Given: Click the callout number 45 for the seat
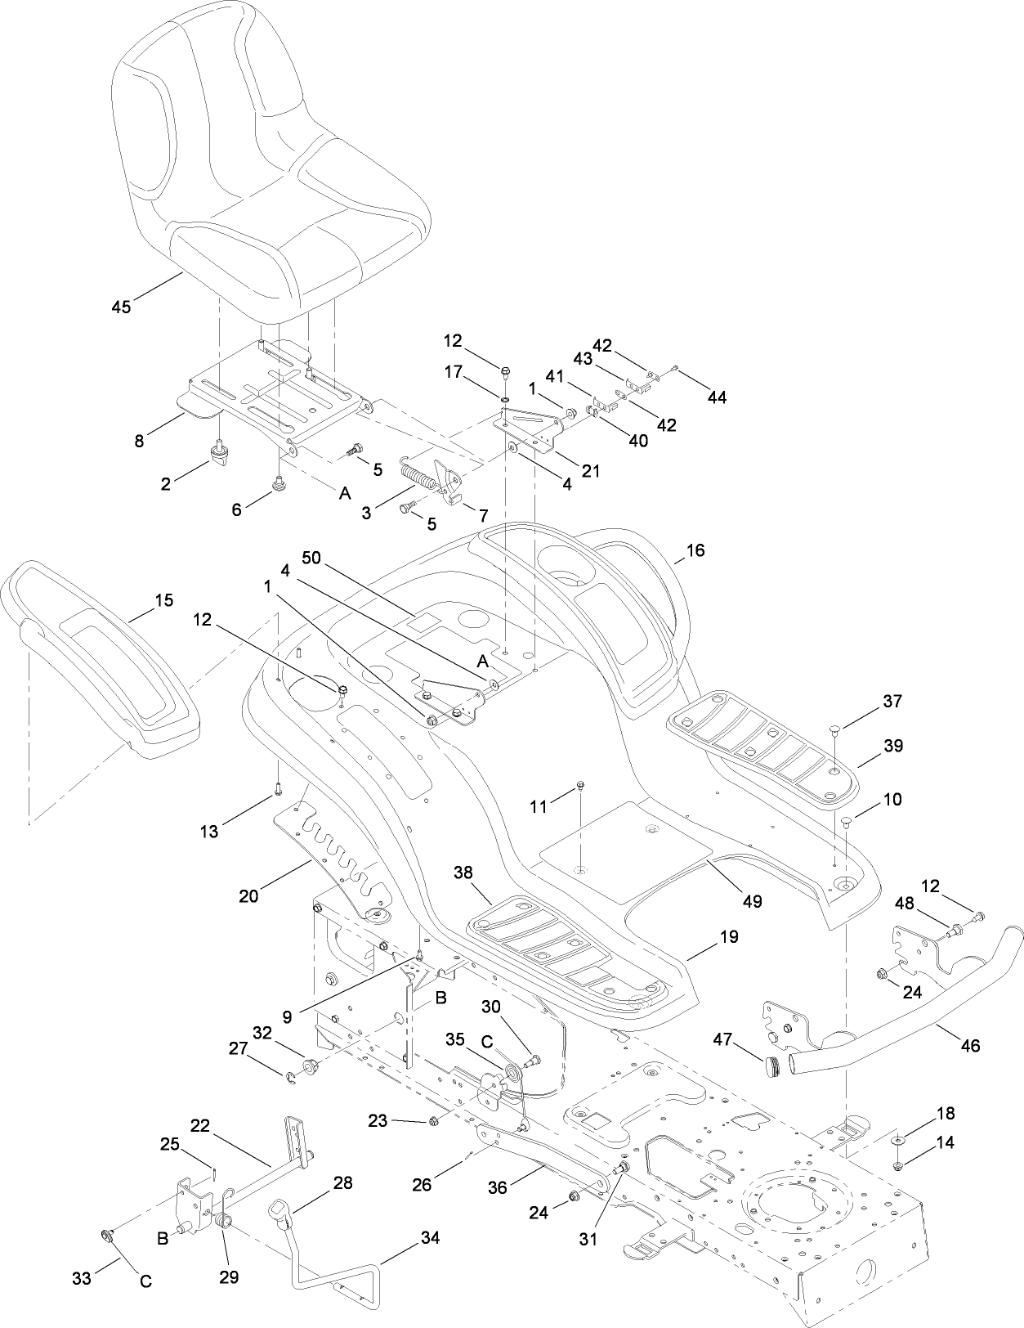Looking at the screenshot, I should click(x=121, y=307).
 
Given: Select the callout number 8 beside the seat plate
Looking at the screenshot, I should click(x=140, y=441).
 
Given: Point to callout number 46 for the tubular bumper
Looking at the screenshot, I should click(x=970, y=1045).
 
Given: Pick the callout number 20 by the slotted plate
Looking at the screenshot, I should click(x=248, y=895).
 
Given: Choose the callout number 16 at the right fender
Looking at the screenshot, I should click(x=695, y=550).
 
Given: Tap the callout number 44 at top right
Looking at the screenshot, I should click(x=717, y=397).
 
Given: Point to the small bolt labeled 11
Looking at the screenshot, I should click(x=579, y=786).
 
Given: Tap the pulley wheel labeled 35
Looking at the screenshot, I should click(x=511, y=1074).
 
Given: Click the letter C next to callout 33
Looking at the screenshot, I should click(x=145, y=1281).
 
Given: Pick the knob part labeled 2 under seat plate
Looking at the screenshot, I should click(x=219, y=453).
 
